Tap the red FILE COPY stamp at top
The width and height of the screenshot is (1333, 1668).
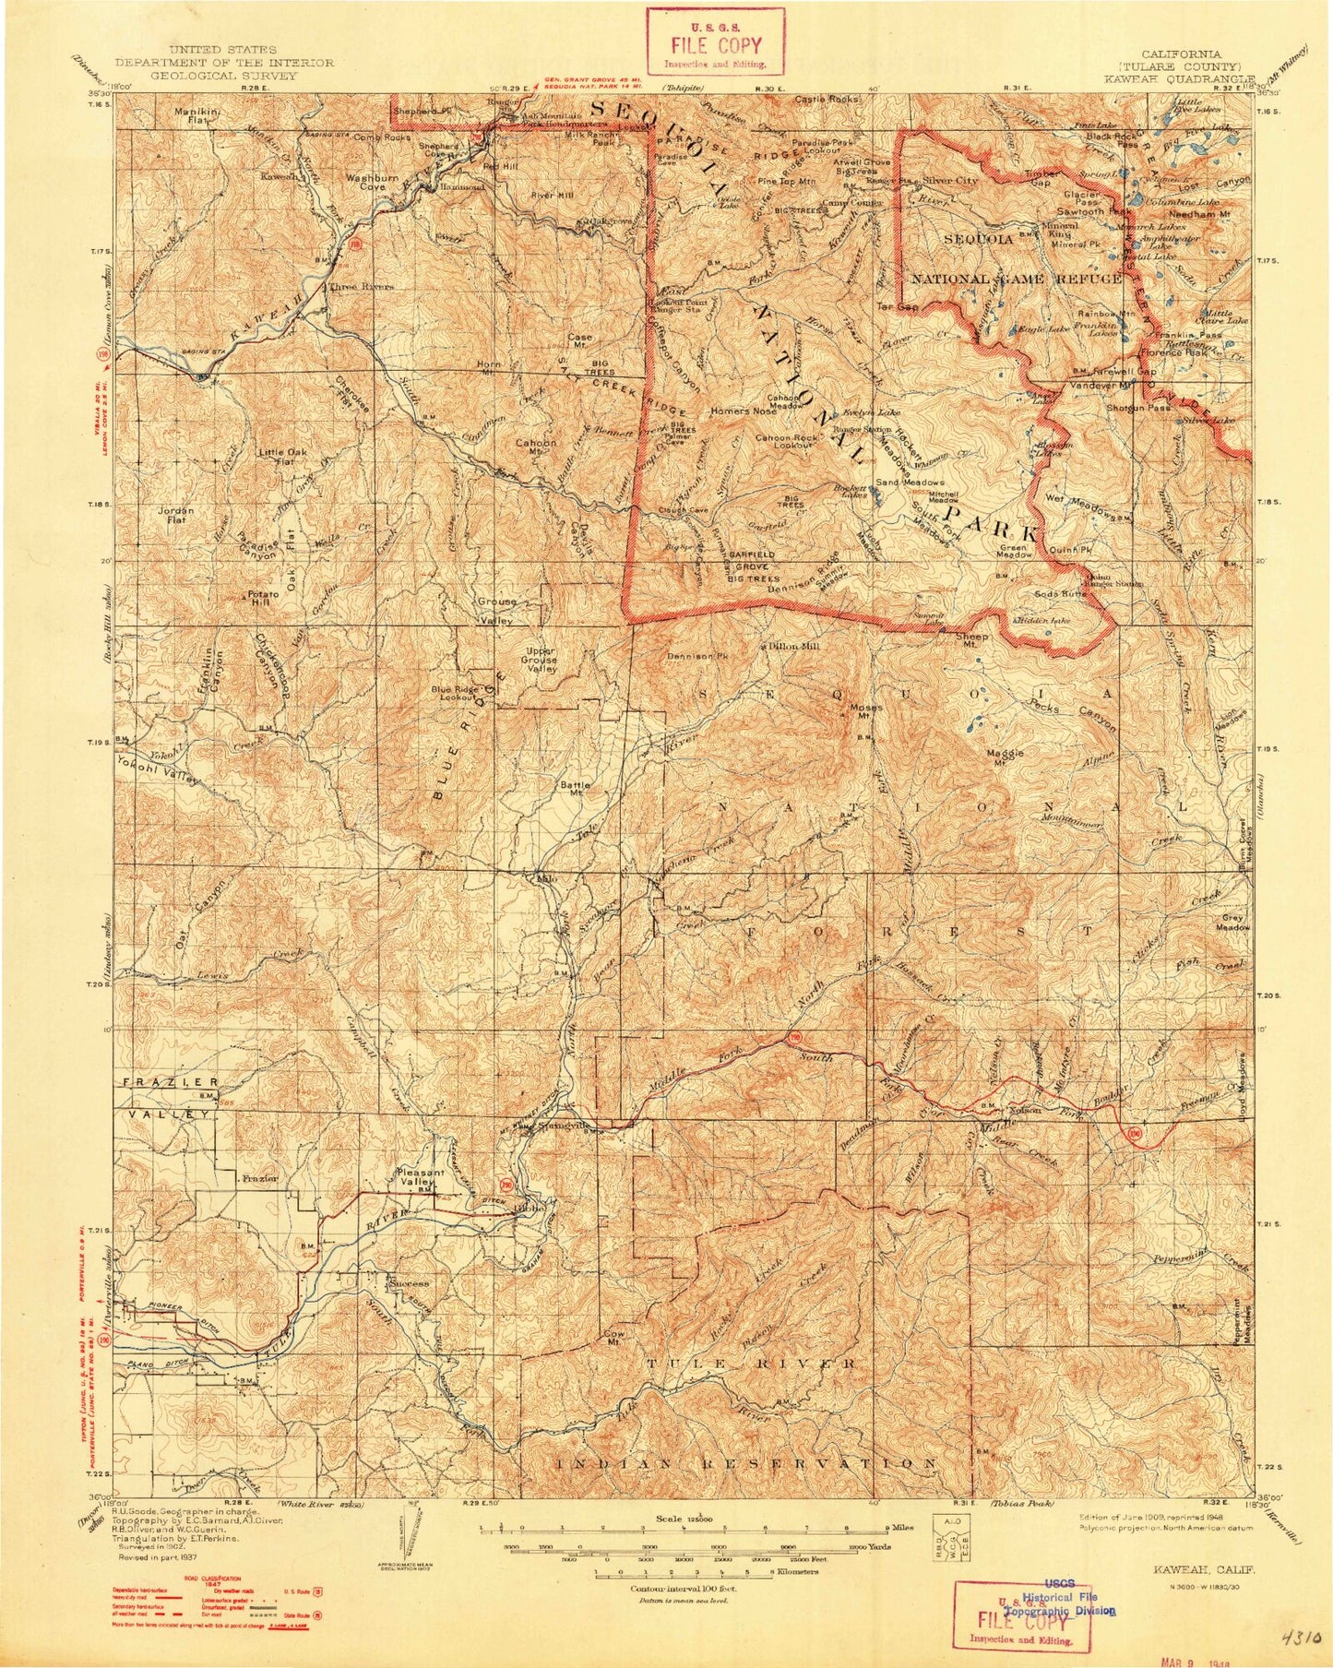click(x=715, y=42)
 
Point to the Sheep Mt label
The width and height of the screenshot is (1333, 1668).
click(x=977, y=641)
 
